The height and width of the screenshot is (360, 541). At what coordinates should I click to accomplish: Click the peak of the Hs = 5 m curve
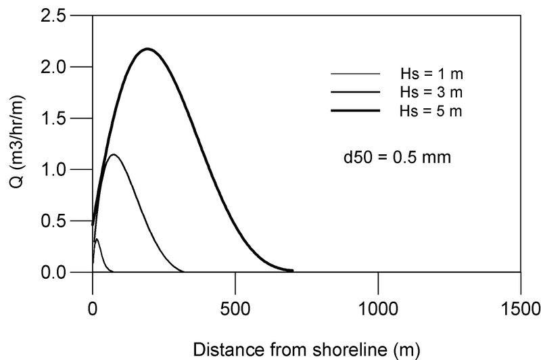[x=147, y=49]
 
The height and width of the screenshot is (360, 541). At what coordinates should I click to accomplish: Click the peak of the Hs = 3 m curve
[x=114, y=155]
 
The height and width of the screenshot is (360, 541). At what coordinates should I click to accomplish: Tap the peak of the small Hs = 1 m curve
[x=97, y=240]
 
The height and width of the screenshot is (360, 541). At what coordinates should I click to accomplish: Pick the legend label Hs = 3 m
[x=430, y=91]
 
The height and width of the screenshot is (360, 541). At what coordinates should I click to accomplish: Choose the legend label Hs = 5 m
[x=430, y=110]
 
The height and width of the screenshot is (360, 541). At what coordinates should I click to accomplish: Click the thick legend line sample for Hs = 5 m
[x=355, y=110]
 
